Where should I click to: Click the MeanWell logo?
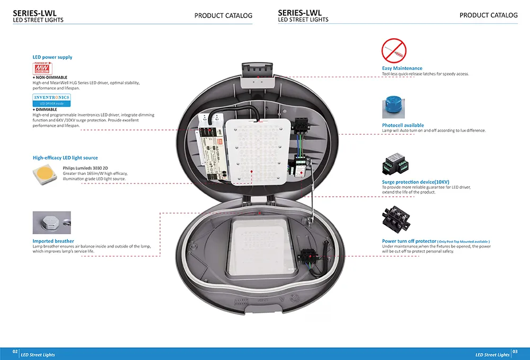(x=42, y=68)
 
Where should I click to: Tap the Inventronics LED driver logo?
(x=51, y=100)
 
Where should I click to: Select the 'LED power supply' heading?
(x=52, y=57)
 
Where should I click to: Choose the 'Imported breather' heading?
(x=54, y=241)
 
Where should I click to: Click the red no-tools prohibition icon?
(x=393, y=51)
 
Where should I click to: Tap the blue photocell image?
(x=393, y=107)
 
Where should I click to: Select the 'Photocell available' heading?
(x=403, y=126)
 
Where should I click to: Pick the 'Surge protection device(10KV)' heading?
(x=416, y=182)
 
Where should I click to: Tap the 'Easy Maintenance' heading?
(x=402, y=68)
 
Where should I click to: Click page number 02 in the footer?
(x=15, y=352)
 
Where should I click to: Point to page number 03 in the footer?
(x=515, y=352)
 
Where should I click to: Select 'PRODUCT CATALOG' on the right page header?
(x=488, y=15)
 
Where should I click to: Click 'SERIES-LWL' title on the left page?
(x=35, y=13)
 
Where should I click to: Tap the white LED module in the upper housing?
(x=257, y=151)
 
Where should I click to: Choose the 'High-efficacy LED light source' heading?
(x=65, y=158)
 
